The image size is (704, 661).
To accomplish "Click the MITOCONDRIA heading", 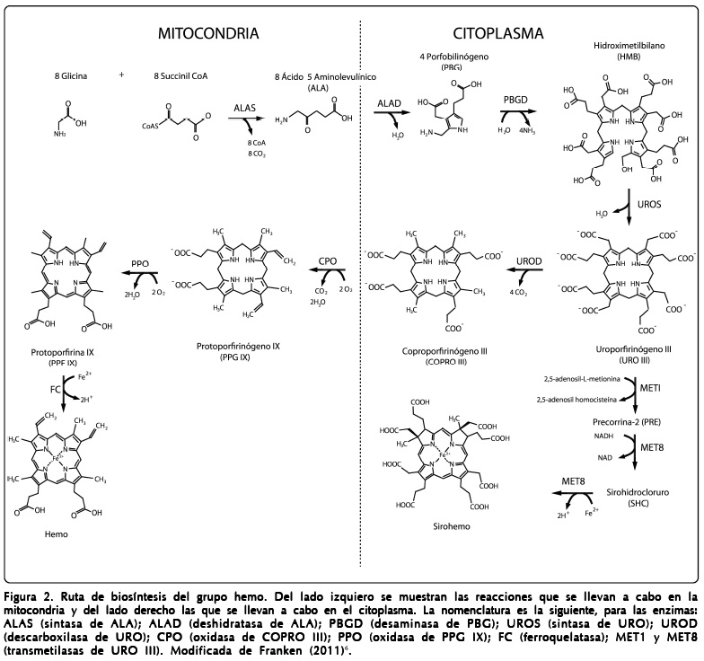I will click(x=207, y=35).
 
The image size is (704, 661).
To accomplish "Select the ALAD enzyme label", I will click(x=389, y=104).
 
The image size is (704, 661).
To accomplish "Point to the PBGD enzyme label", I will click(x=515, y=104).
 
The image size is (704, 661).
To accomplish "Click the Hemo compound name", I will click(x=55, y=535).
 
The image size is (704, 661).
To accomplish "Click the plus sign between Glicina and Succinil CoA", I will click(x=121, y=75).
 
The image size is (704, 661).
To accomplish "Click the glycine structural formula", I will click(x=68, y=122).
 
